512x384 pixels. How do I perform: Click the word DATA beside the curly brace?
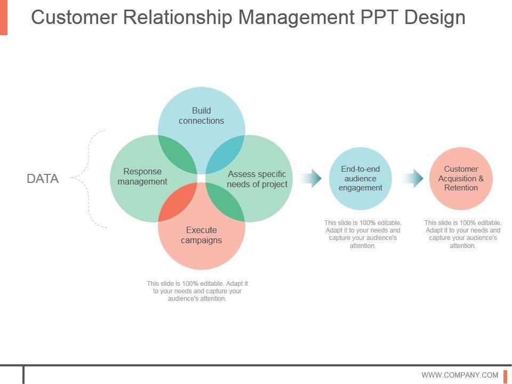tap(43, 179)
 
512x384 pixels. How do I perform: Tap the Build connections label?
tap(202, 116)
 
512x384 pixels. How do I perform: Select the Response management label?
tap(142, 177)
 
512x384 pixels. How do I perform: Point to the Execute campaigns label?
tap(202, 235)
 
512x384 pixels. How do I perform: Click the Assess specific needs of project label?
tap(257, 179)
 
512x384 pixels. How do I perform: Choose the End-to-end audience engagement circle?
tap(360, 178)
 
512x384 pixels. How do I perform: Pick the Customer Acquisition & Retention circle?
tap(461, 178)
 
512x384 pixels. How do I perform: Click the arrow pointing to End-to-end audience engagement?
tap(310, 178)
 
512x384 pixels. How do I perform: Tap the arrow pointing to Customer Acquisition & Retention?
tap(412, 178)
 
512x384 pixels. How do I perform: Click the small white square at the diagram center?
tap(202, 178)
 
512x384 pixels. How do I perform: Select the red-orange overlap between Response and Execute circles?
tap(178, 202)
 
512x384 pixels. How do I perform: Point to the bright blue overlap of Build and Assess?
tap(225, 155)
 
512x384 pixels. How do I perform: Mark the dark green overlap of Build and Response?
tap(178, 155)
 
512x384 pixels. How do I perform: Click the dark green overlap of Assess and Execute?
tap(225, 202)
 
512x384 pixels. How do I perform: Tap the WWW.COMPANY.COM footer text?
tap(460, 375)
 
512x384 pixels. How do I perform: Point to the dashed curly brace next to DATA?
tap(89, 179)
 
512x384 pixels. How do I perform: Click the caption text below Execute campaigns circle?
tap(197, 291)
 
